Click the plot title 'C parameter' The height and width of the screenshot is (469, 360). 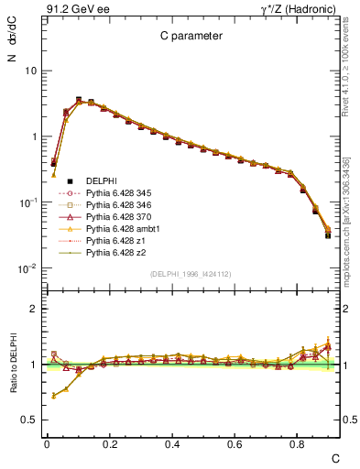(187, 36)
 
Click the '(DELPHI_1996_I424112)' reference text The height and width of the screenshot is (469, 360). (189, 273)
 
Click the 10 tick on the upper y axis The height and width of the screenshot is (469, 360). (28, 71)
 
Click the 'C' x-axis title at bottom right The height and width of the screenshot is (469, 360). (335, 457)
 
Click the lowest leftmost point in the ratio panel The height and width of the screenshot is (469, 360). (53, 396)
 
